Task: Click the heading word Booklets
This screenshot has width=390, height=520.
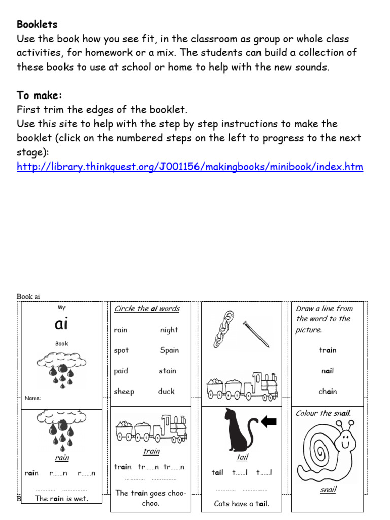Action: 37,24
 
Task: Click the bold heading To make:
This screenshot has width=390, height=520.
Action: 40,96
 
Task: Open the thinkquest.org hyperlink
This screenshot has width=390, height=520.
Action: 190,167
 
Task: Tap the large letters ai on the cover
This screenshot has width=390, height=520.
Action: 61,324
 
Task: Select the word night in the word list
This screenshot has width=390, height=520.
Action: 169,330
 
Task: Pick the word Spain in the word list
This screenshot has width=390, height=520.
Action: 169,350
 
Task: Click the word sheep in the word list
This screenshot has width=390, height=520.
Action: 124,392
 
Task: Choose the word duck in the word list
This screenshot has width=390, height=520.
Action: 166,392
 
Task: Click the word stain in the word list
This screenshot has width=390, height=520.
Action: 168,371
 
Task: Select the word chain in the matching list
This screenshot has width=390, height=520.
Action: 328,392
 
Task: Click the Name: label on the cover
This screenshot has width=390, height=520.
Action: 33,399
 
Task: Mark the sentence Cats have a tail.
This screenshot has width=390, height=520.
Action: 242,504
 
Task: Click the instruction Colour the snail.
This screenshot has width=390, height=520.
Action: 323,413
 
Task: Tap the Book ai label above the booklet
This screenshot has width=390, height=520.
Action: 28,296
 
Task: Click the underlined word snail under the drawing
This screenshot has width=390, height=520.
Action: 328,490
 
